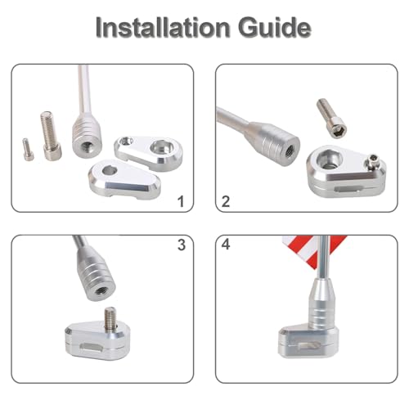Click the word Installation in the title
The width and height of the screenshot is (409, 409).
[x=163, y=28]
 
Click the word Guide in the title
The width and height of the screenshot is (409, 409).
[x=275, y=28]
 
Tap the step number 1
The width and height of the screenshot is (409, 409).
[x=181, y=202]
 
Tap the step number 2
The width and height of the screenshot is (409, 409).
[x=226, y=202]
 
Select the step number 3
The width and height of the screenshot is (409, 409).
[x=182, y=245]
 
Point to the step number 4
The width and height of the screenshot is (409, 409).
[x=226, y=245]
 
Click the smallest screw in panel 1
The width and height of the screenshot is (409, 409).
[x=28, y=150]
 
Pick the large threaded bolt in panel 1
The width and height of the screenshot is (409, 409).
[x=51, y=136]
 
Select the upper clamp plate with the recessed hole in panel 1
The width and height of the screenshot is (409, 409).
[x=149, y=153]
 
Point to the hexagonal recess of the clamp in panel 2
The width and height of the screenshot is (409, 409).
[x=329, y=160]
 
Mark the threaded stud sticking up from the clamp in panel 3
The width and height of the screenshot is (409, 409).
[x=111, y=317]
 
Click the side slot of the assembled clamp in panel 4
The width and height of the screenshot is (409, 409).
[x=310, y=346]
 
